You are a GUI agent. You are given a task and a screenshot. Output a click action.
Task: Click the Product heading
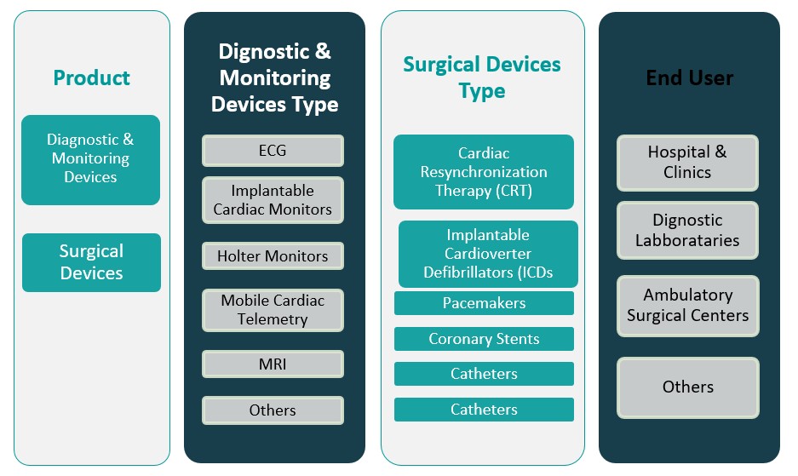[91, 77]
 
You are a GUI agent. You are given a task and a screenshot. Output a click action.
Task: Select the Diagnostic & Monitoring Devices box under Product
[90, 159]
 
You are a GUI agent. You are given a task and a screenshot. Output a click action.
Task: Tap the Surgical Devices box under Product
[91, 262]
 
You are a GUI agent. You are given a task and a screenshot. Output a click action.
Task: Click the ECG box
[273, 151]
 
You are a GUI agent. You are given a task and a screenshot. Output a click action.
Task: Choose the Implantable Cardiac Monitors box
[273, 200]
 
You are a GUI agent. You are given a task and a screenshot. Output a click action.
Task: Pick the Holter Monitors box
[273, 256]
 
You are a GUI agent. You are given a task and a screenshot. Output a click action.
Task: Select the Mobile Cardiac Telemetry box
[273, 310]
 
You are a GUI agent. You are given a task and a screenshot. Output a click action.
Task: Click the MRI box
[273, 364]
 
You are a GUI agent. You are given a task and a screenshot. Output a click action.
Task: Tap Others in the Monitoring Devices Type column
[273, 410]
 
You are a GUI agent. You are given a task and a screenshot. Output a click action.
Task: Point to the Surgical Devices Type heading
[482, 77]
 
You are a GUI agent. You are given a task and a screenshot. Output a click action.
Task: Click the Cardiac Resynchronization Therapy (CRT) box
[484, 172]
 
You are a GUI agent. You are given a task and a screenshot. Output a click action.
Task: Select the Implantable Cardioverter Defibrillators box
[488, 254]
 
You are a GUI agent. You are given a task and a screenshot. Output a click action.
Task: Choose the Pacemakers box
[484, 303]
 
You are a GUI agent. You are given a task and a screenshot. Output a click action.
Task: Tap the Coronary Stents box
[484, 339]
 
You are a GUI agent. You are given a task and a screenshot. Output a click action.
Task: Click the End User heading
[689, 77]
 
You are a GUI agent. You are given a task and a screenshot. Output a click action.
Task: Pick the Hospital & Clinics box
[687, 162]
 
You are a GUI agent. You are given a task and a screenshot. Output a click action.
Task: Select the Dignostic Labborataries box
[687, 230]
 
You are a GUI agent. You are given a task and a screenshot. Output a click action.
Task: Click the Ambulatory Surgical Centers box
[687, 305]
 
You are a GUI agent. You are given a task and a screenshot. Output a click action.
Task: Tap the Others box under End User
[687, 387]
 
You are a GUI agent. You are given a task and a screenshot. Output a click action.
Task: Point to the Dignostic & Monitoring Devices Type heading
[274, 77]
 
